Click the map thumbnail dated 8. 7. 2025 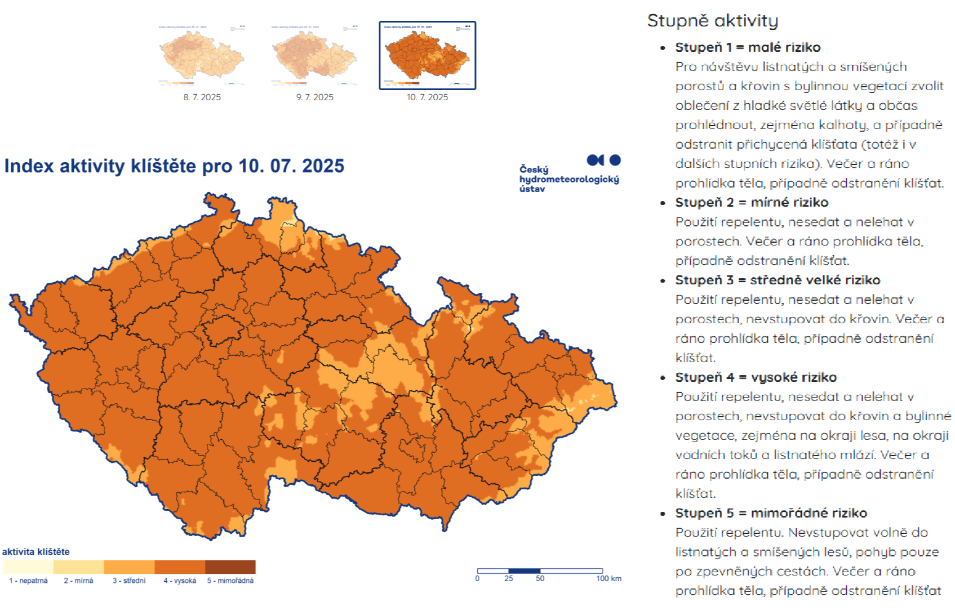(x=202, y=55)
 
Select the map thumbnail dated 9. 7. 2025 (x=314, y=55)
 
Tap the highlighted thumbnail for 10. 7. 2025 (x=427, y=55)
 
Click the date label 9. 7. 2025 (x=314, y=97)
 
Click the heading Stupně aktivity (x=712, y=21)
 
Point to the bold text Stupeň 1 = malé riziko (x=748, y=47)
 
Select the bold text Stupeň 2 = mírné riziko (x=752, y=202)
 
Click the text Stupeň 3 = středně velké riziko (x=778, y=280)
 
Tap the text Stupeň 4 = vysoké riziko (x=756, y=377)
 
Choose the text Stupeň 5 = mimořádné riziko (x=771, y=513)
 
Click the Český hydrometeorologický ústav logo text (x=568, y=179)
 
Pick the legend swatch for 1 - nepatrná (x=28, y=567)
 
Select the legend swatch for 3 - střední (x=129, y=567)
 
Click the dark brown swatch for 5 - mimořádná (x=230, y=567)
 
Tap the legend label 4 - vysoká (x=180, y=581)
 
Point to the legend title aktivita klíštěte (x=36, y=552)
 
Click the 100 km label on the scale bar (x=608, y=579)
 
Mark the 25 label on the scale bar (x=509, y=579)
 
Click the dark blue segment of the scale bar (x=524, y=571)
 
